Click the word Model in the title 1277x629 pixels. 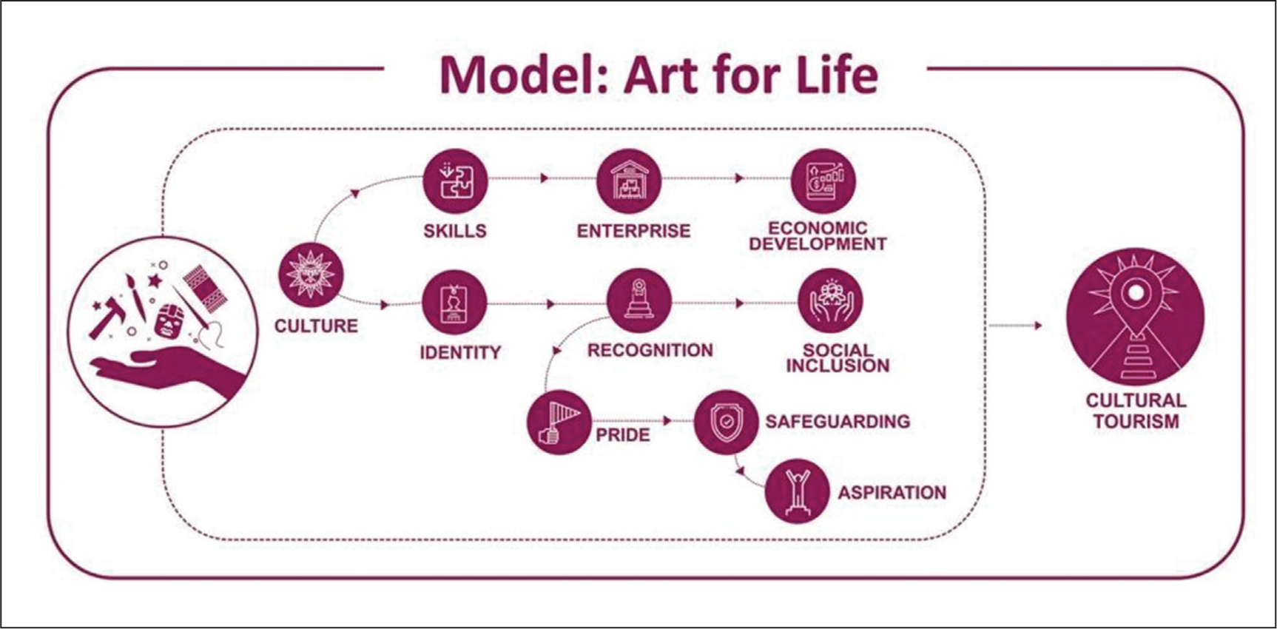[523, 75]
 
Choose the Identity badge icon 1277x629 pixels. [454, 303]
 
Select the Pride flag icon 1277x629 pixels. [559, 422]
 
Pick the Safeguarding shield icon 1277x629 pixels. [726, 422]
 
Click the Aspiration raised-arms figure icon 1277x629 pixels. [797, 491]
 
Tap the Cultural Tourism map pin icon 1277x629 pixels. [1135, 317]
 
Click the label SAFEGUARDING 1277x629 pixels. [838, 422]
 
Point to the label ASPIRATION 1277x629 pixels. [892, 493]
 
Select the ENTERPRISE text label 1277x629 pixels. [633, 231]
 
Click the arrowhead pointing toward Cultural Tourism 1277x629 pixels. [1038, 326]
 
